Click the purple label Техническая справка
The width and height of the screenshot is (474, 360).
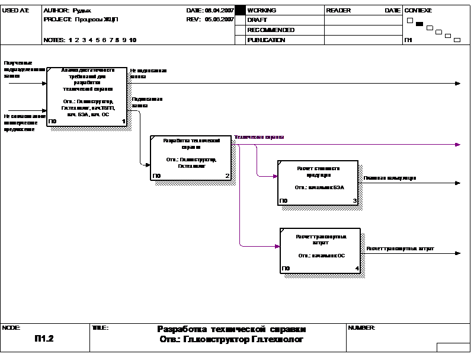coord(259,137)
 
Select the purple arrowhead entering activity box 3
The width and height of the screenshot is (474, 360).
coord(276,176)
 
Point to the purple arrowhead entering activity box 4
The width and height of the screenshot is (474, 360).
coord(277,246)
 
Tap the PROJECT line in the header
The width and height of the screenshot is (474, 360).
coord(81,19)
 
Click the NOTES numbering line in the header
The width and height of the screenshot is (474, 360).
coord(90,40)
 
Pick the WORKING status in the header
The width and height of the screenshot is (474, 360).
coord(261,11)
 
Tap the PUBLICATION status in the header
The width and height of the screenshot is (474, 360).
coord(266,40)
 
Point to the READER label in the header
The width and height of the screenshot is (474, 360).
coord(338,11)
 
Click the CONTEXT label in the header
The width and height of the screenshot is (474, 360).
coord(408,11)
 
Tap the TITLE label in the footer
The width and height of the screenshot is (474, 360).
coord(100,327)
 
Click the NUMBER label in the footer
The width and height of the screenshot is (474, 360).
coord(361,327)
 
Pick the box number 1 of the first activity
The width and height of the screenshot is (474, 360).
coord(124,121)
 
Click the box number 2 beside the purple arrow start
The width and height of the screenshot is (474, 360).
coord(226,176)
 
